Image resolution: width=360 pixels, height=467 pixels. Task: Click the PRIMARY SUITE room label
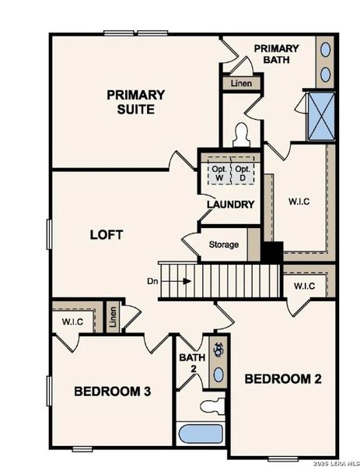point(136,102)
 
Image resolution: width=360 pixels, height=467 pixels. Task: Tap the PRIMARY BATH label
point(276,54)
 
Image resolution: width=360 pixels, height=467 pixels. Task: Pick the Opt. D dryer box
point(243,173)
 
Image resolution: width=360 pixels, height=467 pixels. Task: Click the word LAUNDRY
point(231,205)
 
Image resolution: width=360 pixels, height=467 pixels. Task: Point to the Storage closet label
point(224,244)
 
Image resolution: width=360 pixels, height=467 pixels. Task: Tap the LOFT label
point(107,234)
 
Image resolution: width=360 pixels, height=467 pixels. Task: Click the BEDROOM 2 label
point(283,379)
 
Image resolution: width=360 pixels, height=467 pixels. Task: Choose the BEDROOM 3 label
point(112,391)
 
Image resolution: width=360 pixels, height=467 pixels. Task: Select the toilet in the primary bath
point(240,134)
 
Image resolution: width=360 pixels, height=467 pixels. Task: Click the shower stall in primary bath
point(320,116)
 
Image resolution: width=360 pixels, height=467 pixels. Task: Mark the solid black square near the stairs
point(271,253)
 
